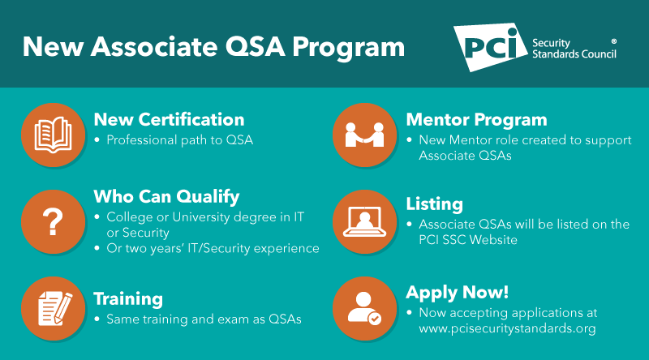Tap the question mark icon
point(53,221)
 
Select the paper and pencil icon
point(53,306)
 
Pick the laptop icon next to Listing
point(364,221)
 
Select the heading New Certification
point(169,120)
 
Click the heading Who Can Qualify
point(166,196)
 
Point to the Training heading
point(128,299)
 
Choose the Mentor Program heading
point(476,120)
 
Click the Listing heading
point(434,204)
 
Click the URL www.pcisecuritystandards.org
point(507,328)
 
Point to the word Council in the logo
point(598,54)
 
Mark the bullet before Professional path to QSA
point(98,140)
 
